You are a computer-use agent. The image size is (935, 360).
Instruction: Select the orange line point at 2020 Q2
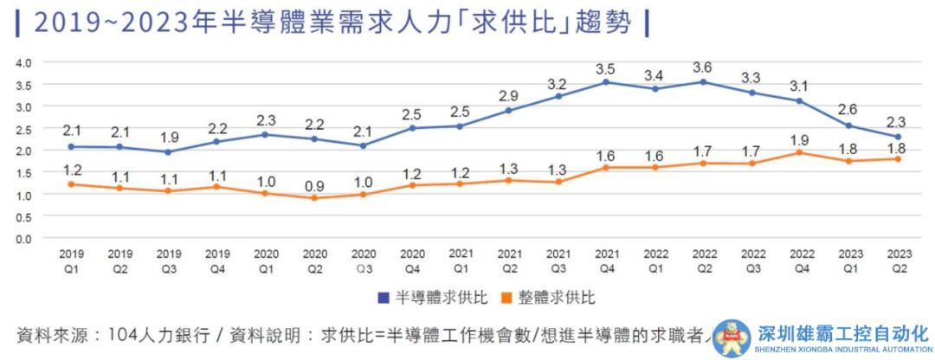tap(314, 198)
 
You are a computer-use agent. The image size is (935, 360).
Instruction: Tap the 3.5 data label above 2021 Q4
tap(606, 68)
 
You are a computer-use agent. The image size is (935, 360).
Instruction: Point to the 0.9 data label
tap(314, 184)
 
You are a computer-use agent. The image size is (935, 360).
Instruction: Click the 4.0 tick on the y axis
tap(23, 63)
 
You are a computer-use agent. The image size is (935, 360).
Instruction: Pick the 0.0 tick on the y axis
tap(23, 239)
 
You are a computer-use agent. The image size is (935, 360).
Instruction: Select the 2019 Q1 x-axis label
tap(71, 260)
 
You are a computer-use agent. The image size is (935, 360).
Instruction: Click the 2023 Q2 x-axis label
tap(900, 260)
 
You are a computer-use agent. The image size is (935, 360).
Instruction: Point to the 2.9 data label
tap(509, 96)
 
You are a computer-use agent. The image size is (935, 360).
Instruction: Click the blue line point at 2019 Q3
tap(168, 151)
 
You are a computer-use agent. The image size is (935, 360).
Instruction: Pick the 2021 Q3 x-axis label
tap(558, 260)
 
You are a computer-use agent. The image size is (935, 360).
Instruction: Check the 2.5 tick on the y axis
tap(23, 129)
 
